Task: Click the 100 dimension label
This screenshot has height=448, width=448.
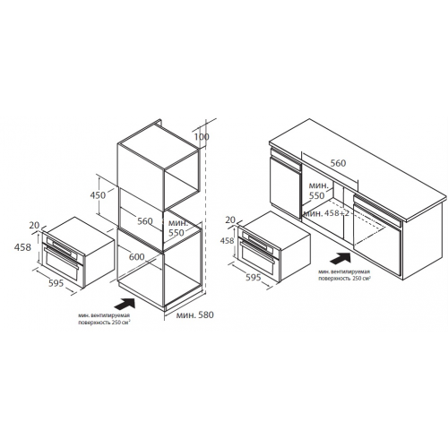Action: tap(202, 137)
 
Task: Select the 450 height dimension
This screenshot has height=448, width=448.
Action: tap(98, 195)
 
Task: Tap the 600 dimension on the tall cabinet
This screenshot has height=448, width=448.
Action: tap(136, 256)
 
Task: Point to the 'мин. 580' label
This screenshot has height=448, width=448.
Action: tap(194, 314)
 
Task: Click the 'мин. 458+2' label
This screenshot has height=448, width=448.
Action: tap(326, 213)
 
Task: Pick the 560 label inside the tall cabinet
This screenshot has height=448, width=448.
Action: tap(145, 221)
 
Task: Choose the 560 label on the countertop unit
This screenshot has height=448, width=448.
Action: tap(338, 163)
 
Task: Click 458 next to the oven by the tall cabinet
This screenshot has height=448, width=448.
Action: tap(22, 247)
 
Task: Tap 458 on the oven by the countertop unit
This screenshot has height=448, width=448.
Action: tap(227, 240)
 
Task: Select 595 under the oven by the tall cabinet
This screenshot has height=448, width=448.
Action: tap(56, 283)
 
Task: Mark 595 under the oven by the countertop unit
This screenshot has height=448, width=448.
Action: tap(254, 277)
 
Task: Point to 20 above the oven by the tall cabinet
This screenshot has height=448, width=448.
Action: tap(34, 225)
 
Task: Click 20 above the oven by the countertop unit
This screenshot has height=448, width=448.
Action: tap(230, 220)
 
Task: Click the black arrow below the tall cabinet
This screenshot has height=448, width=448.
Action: tap(125, 305)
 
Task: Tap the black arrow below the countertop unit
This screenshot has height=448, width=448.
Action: tap(340, 258)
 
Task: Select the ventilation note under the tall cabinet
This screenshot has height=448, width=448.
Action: tap(104, 319)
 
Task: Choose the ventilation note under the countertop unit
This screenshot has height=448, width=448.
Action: tap(344, 275)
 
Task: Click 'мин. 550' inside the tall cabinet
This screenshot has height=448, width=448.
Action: tap(178, 228)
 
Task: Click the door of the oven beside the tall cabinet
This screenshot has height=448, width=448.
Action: tap(61, 266)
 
